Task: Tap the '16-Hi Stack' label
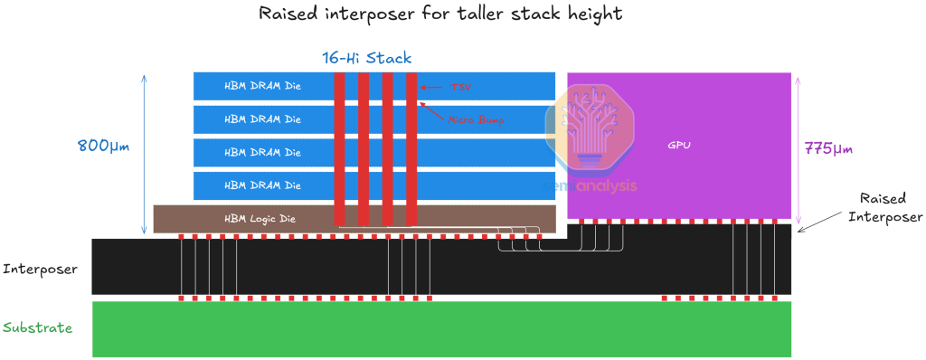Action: click(366, 58)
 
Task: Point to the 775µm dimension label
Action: click(828, 148)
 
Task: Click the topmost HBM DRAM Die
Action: click(262, 86)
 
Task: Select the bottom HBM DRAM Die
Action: click(262, 185)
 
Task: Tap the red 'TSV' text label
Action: click(459, 87)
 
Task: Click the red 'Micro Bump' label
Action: click(476, 118)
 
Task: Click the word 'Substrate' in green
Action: click(38, 328)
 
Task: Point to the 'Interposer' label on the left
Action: click(40, 269)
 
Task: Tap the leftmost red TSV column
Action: click(339, 149)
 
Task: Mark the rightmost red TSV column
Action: click(411, 149)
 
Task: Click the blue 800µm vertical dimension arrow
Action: click(144, 154)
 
